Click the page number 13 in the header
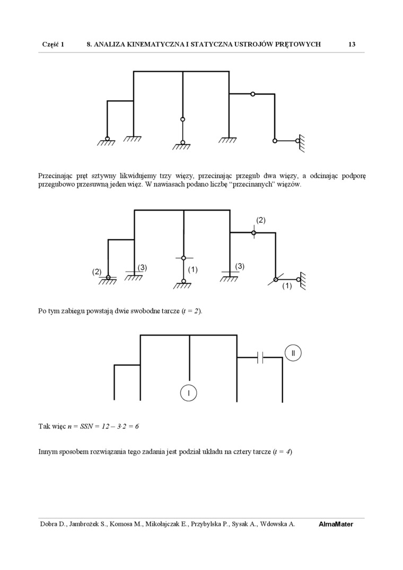tap(352, 45)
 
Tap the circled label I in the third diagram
tap(189, 393)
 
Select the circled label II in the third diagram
tap(293, 353)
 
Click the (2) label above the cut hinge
tap(260, 220)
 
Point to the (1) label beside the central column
tap(192, 269)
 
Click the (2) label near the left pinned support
tap(97, 271)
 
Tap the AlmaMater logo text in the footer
tap(336, 524)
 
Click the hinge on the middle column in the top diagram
tap(183, 119)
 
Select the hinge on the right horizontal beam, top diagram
tap(253, 94)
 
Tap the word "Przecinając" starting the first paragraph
tap(55, 176)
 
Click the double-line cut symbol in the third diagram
tap(260, 358)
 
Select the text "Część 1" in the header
tap(53, 45)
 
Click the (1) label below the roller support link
tap(287, 286)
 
